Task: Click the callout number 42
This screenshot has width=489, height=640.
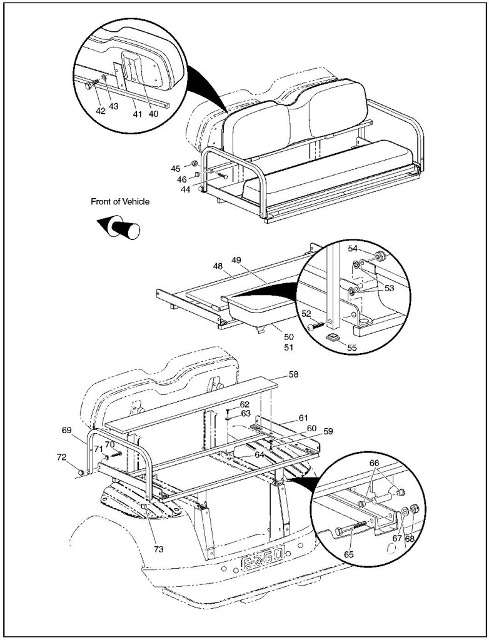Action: tap(100, 110)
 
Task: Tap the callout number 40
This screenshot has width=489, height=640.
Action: tap(153, 114)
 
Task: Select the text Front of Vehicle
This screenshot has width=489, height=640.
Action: tap(120, 202)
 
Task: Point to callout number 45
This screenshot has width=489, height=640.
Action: tap(176, 168)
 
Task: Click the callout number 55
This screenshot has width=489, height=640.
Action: tap(351, 347)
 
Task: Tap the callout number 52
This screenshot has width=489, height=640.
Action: tap(308, 314)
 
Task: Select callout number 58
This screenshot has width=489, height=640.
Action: tap(293, 374)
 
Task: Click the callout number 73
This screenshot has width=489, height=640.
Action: tap(159, 549)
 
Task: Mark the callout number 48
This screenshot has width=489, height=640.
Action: tap(218, 266)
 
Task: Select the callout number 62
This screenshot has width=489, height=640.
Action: tap(245, 404)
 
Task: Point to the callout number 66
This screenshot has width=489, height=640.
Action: tap(375, 463)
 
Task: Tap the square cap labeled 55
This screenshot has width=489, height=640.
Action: tap(334, 338)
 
